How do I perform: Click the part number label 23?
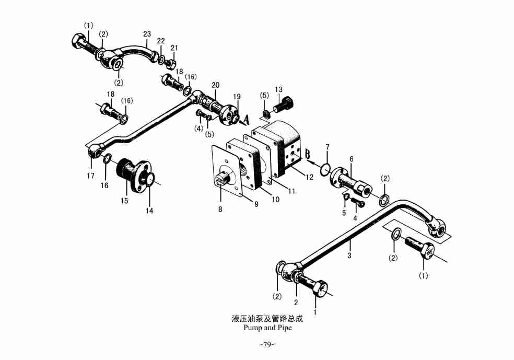[147, 34]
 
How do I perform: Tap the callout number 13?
[279, 89]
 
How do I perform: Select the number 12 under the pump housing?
[310, 177]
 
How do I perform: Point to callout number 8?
[220, 209]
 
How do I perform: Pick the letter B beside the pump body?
[308, 154]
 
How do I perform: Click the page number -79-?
[267, 344]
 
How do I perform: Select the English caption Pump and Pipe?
[267, 328]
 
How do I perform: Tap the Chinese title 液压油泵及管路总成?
[267, 318]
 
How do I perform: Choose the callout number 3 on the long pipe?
[349, 256]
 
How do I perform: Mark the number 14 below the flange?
[150, 211]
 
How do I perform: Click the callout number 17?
[91, 176]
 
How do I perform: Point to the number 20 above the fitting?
[216, 85]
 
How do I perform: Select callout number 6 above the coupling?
[352, 159]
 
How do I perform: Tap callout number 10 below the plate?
[275, 199]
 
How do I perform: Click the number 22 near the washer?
[161, 41]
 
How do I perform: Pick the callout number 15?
[124, 200]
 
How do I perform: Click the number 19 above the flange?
[237, 97]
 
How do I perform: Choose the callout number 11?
[291, 191]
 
